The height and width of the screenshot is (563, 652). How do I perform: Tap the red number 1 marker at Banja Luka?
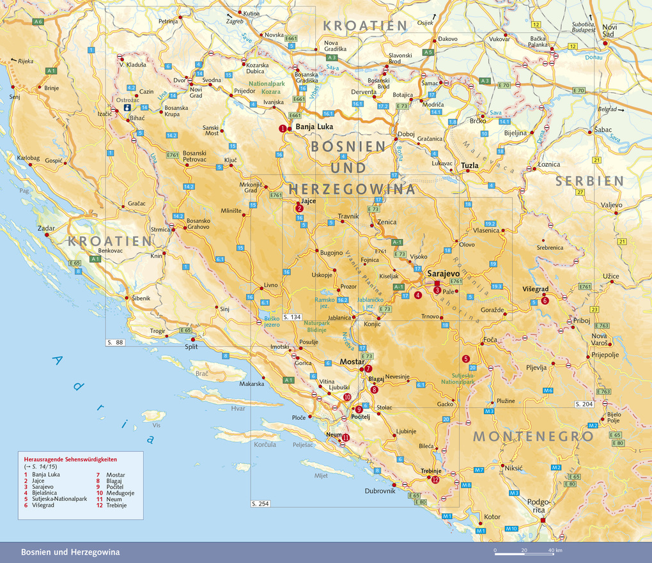tap(282, 128)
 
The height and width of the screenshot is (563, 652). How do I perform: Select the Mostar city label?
tap(352, 362)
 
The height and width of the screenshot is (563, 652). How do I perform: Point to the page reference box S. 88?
tap(115, 343)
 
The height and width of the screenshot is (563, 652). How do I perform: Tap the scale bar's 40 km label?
tap(554, 550)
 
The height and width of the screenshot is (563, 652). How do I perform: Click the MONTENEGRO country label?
tap(533, 437)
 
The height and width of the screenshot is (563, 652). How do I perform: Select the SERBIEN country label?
tap(589, 181)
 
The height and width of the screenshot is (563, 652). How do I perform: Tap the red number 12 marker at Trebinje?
tap(435, 480)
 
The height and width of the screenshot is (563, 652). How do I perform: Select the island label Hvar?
tap(238, 408)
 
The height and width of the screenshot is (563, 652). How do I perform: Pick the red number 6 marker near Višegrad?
tap(545, 301)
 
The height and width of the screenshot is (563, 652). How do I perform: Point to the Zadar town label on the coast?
tap(46, 228)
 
